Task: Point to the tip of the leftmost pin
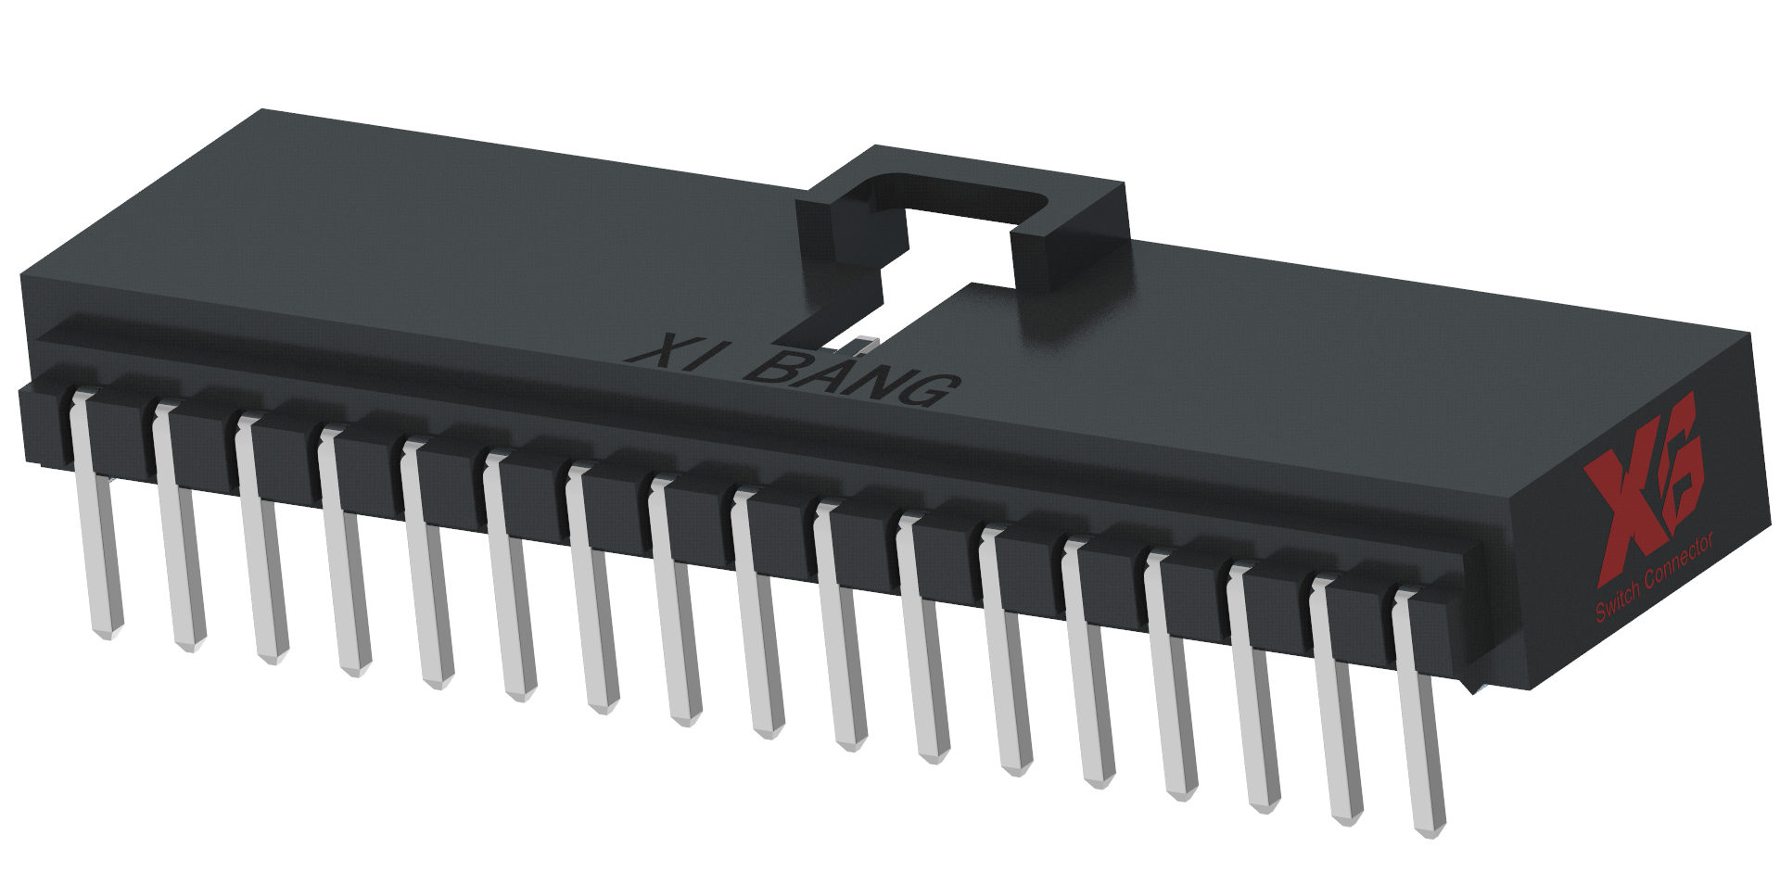pos(109,630)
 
